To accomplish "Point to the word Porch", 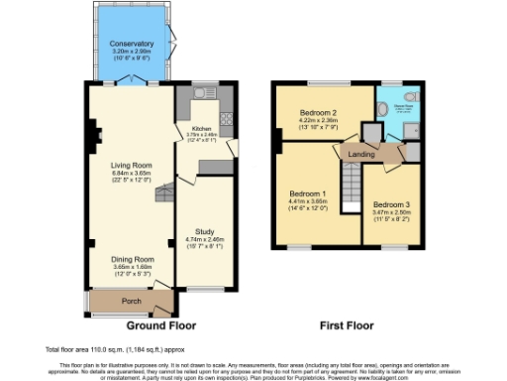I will pos(129,301).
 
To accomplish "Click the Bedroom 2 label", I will pos(319,113).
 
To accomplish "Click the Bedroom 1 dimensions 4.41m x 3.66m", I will pos(308,201).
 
